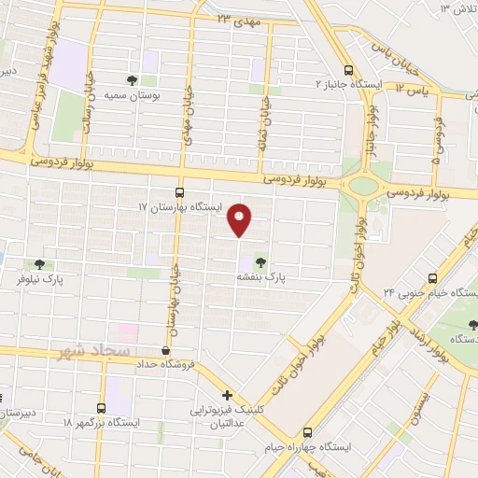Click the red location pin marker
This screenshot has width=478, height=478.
click(x=241, y=219)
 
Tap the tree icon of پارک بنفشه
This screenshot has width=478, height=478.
click(x=260, y=261)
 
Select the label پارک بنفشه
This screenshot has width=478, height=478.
click(x=260, y=277)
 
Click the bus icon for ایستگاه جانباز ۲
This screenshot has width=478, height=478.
click(x=348, y=69)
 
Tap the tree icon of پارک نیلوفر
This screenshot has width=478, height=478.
click(x=38, y=264)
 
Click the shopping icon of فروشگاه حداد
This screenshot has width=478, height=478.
click(x=165, y=350)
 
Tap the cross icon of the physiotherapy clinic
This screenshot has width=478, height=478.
click(x=227, y=395)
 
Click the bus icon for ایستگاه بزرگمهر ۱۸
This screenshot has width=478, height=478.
click(x=101, y=408)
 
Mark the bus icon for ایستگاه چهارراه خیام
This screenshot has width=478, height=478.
click(x=308, y=431)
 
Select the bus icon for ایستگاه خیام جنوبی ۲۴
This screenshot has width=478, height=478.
click(x=431, y=278)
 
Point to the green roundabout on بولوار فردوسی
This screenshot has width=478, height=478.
click(x=363, y=185)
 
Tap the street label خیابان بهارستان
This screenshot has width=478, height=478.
click(x=173, y=304)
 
